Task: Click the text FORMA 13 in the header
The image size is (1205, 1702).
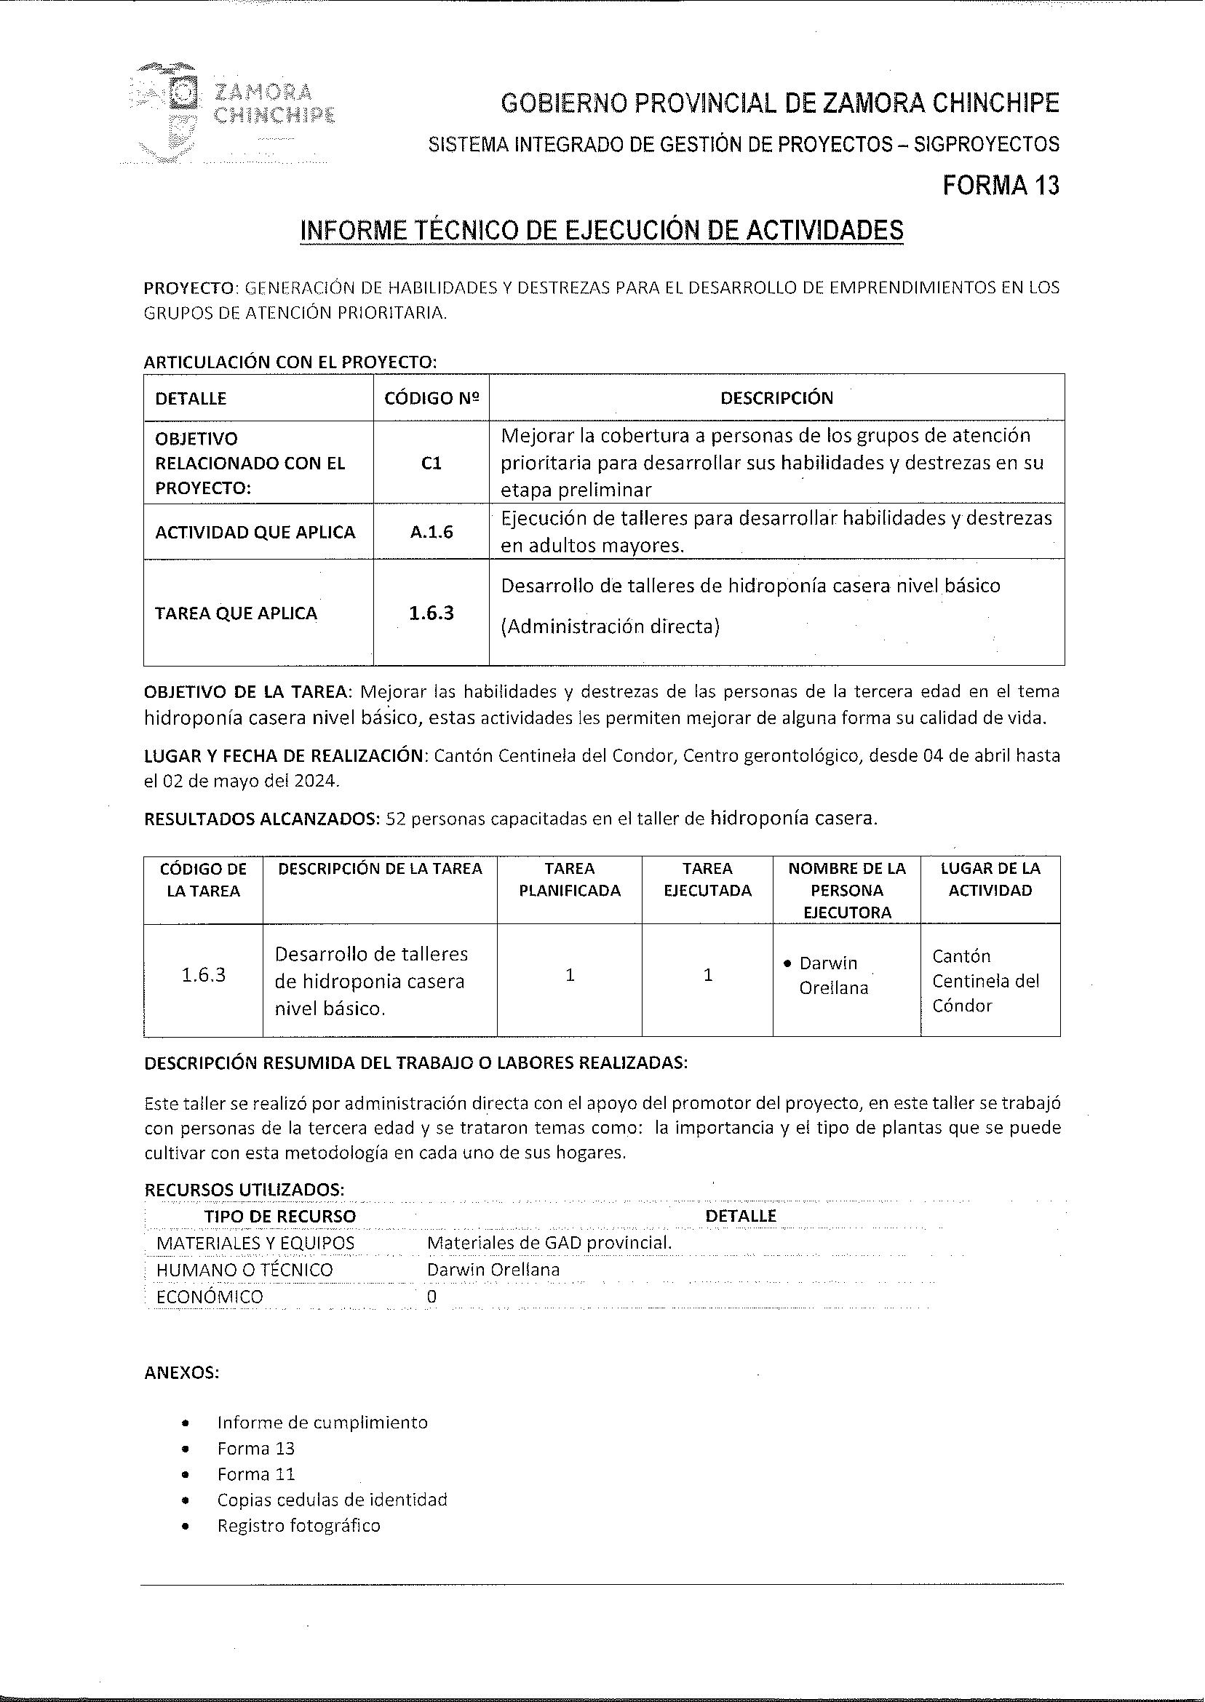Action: [1001, 185]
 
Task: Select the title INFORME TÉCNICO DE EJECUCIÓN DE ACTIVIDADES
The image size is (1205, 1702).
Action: [602, 230]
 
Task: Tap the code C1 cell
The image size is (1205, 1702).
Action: [431, 463]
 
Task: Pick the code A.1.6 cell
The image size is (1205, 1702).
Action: [431, 532]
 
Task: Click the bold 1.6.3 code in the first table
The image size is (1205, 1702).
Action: [431, 613]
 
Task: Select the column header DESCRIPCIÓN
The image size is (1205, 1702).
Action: [776, 398]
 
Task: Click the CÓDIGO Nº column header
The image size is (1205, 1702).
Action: [431, 398]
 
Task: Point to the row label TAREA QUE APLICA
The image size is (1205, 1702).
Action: [236, 613]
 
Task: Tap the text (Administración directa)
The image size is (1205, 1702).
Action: [610, 627]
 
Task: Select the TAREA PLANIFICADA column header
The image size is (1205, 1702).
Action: [569, 879]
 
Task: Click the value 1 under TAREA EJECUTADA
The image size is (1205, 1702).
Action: [708, 975]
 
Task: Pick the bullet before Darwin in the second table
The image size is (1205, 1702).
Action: [788, 963]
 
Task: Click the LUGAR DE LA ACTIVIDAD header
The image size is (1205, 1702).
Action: [990, 879]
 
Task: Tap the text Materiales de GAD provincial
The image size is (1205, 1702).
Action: [549, 1242]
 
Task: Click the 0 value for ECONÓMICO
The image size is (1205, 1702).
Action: [432, 1296]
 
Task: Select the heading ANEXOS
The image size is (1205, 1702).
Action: [182, 1372]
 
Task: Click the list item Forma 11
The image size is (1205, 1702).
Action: [256, 1474]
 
